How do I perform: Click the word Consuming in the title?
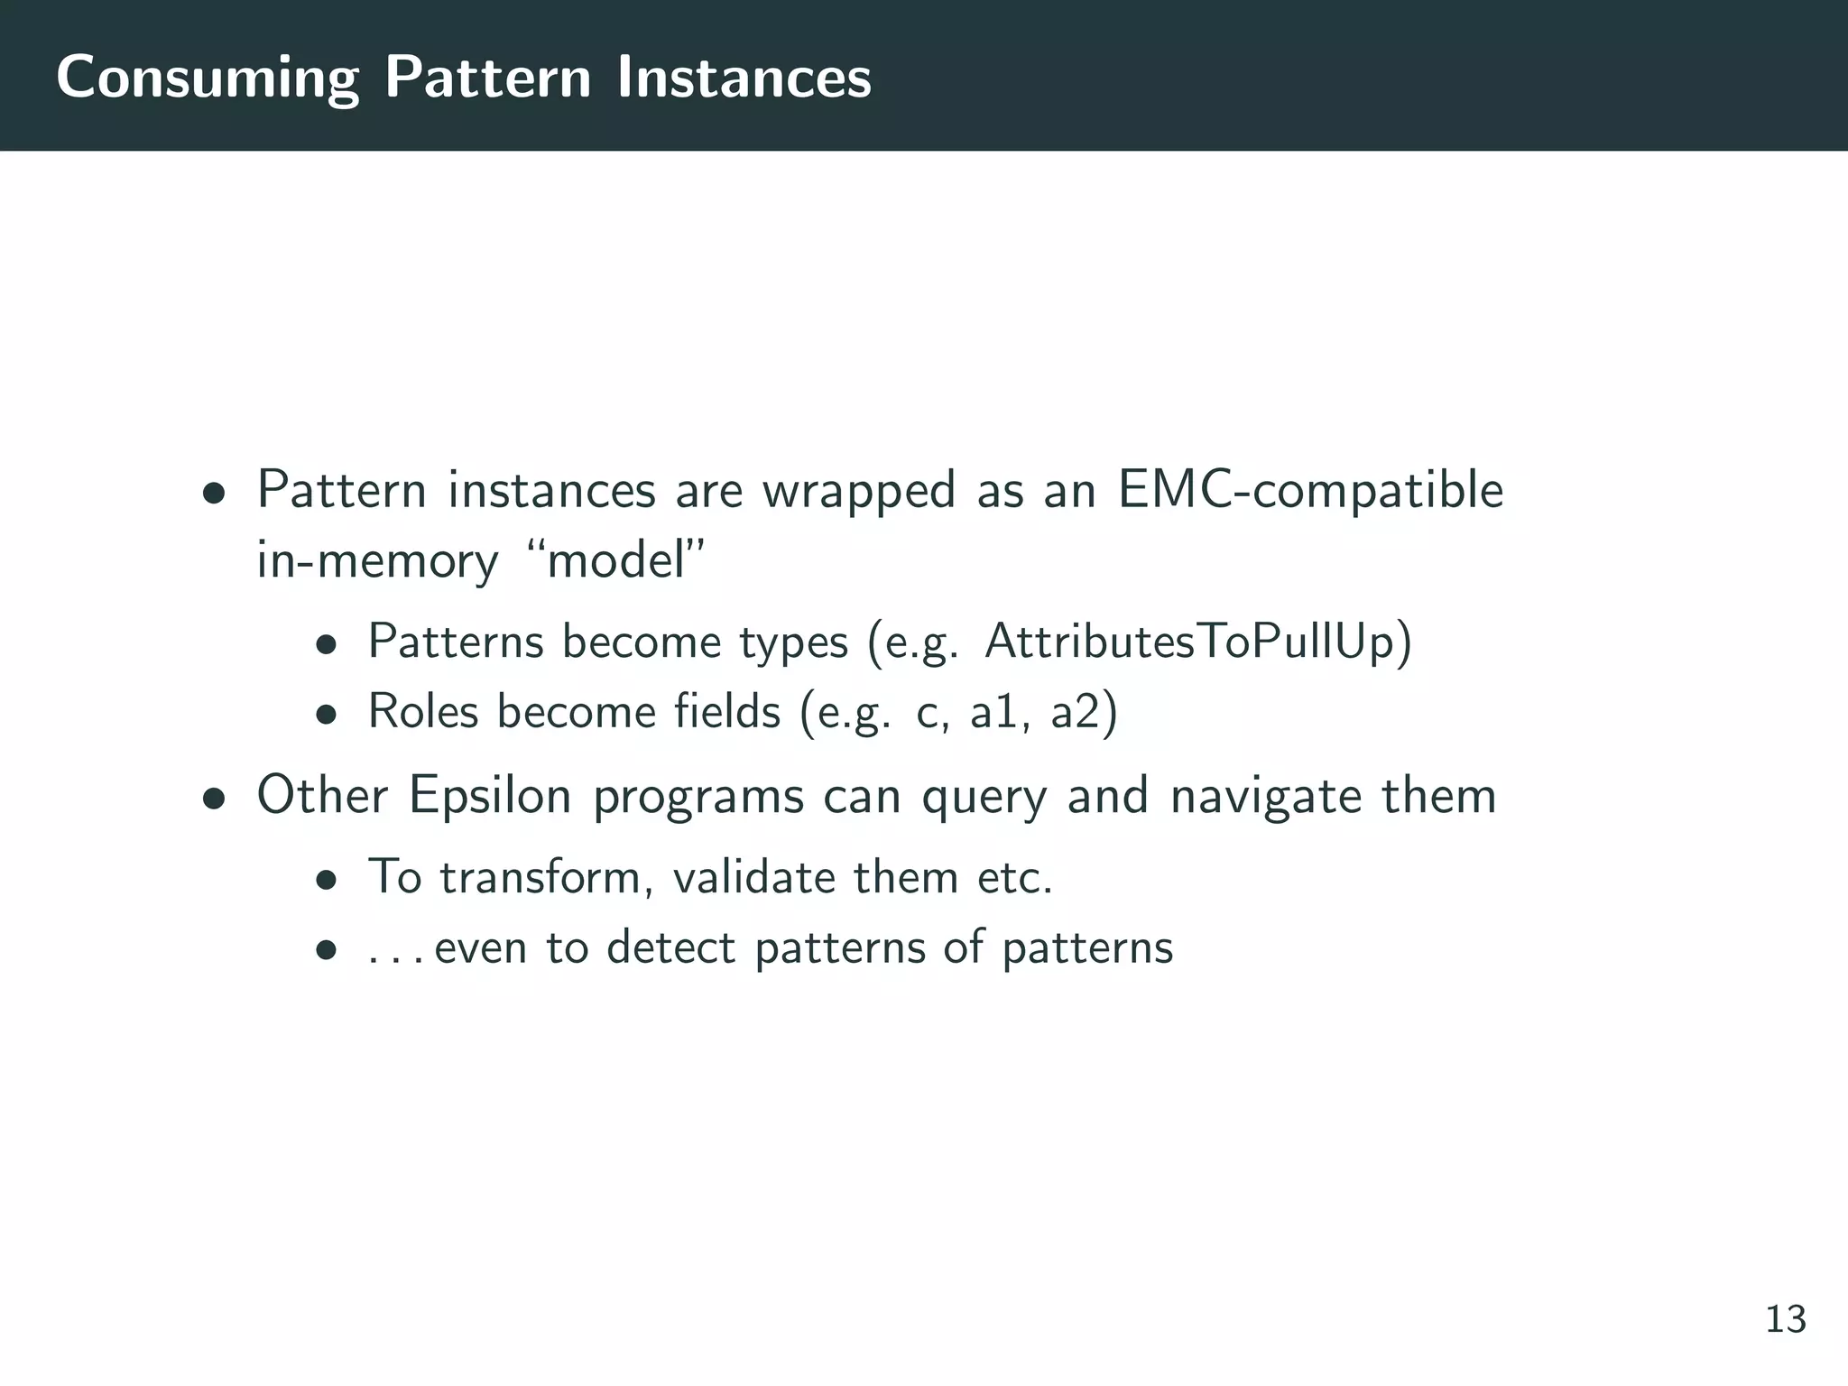[207, 79]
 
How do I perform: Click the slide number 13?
[1785, 1319]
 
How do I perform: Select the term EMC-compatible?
[1310, 492]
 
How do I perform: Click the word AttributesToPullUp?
[1197, 642]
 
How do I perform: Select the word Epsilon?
[490, 797]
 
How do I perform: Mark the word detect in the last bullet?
[670, 947]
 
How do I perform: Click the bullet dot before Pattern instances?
[213, 494]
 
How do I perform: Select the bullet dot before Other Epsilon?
[213, 799]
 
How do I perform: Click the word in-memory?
[376, 561]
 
